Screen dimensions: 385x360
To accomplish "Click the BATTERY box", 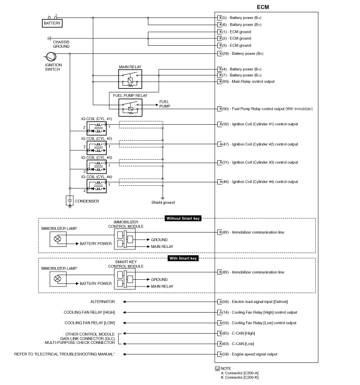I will point(52,23).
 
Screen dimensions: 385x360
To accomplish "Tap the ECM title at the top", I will point(262,7).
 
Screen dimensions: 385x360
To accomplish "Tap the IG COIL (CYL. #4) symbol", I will point(97,185).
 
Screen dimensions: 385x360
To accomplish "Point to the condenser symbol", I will point(70,201).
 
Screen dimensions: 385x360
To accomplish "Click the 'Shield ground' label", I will point(162,202).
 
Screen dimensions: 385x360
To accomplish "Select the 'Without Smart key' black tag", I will point(183,219).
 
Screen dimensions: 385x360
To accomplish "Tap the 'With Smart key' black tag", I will point(183,258).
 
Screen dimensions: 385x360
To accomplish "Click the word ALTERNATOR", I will point(103,302).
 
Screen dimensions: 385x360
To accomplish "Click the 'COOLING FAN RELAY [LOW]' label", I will point(90,323).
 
